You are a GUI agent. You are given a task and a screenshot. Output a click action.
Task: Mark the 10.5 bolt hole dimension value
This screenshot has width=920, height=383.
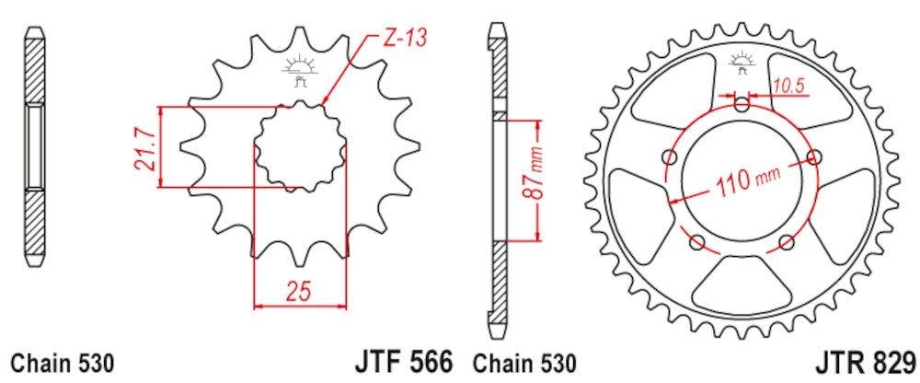pos(788,86)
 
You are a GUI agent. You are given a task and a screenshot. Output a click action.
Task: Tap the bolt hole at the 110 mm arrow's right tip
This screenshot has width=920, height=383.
pos(812,157)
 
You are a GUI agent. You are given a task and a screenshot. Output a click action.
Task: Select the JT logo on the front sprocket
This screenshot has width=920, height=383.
pos(297,69)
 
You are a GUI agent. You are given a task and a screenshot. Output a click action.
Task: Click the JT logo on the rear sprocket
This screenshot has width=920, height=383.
pos(742,65)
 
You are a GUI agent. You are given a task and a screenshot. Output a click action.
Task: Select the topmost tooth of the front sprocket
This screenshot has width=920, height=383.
pos(297,37)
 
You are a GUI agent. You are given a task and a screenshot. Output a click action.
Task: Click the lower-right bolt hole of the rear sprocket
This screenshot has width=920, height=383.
pos(786,243)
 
